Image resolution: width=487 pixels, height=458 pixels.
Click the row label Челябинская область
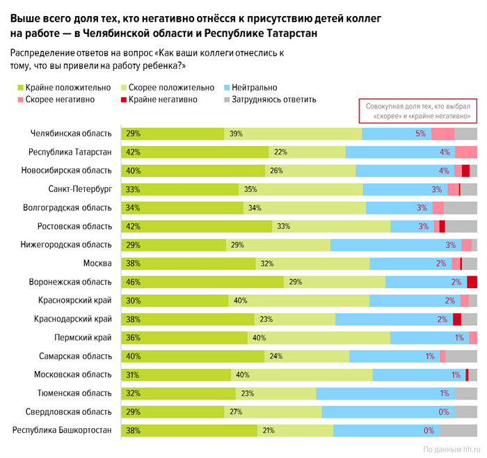[x=72, y=134]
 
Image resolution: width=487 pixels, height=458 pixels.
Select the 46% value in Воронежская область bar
[x=133, y=282]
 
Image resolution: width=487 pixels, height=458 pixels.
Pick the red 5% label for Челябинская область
[x=420, y=134]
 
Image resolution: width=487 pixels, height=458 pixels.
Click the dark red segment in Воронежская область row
[x=472, y=282]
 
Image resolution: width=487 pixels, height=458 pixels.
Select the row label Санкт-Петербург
[x=80, y=189]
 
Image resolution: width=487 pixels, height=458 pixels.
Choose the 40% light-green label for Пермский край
[x=259, y=338]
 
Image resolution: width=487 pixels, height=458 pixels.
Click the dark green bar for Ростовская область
[x=196, y=226]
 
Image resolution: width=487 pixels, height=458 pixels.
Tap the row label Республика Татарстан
[x=70, y=152]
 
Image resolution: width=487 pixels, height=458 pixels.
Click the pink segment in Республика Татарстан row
[x=466, y=152]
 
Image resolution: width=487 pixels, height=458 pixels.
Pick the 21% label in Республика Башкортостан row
[x=267, y=430]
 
